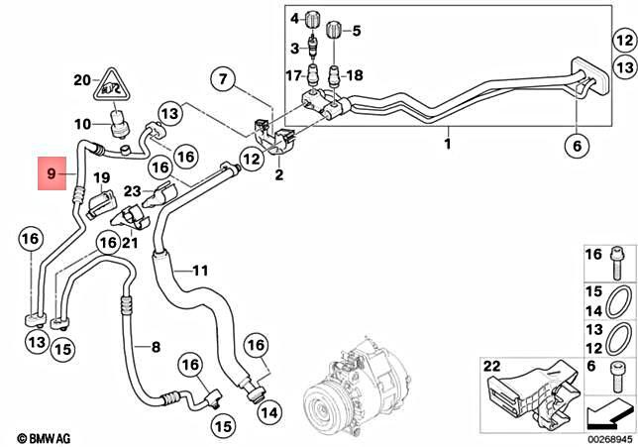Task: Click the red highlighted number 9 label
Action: [x=54, y=177]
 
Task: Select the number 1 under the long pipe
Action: [x=447, y=145]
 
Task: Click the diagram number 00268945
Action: [x=602, y=437]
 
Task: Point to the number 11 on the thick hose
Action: [x=200, y=270]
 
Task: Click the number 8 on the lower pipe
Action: [x=155, y=346]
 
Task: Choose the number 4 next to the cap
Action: [x=293, y=18]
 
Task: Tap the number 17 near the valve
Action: [x=293, y=75]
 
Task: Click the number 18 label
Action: [x=355, y=75]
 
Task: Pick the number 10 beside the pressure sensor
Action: [x=84, y=124]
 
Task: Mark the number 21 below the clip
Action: [x=130, y=244]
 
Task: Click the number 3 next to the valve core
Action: [x=294, y=48]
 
